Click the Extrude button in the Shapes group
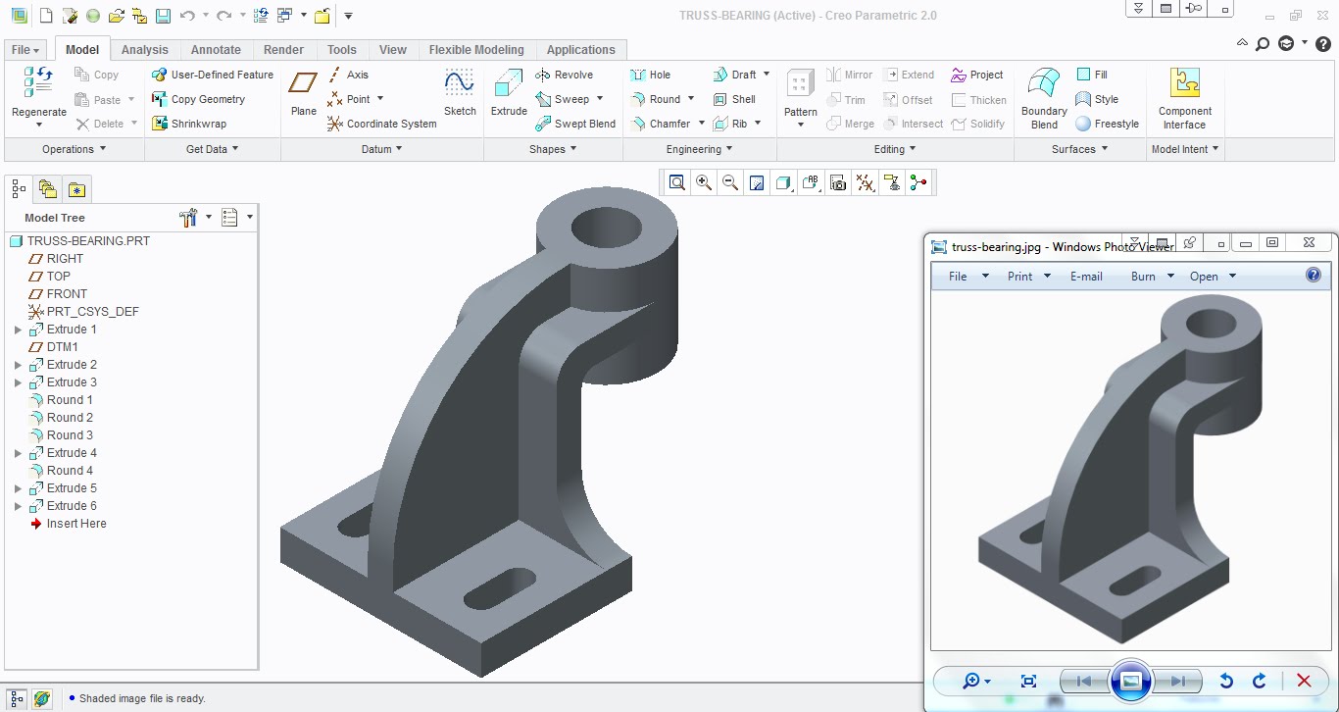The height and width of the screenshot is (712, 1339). click(x=509, y=93)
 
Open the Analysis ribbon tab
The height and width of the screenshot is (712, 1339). click(x=144, y=50)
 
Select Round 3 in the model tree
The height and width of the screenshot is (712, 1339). click(x=70, y=435)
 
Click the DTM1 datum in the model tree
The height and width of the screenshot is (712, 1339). click(x=62, y=347)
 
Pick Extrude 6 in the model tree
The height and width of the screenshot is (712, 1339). click(x=72, y=506)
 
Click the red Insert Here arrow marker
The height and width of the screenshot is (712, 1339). click(x=37, y=524)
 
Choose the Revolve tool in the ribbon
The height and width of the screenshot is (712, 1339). click(x=565, y=75)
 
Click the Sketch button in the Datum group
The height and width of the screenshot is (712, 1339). click(x=460, y=93)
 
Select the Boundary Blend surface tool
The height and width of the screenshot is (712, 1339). click(x=1043, y=98)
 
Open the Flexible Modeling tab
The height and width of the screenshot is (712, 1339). click(x=476, y=50)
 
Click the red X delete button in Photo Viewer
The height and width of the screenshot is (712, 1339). click(x=1304, y=681)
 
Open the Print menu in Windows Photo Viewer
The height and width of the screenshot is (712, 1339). click(x=1019, y=277)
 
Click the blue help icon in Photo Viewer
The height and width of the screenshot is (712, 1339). click(x=1314, y=276)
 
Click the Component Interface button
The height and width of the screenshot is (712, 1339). click(x=1184, y=98)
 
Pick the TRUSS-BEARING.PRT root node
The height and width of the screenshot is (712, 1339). click(x=88, y=241)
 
